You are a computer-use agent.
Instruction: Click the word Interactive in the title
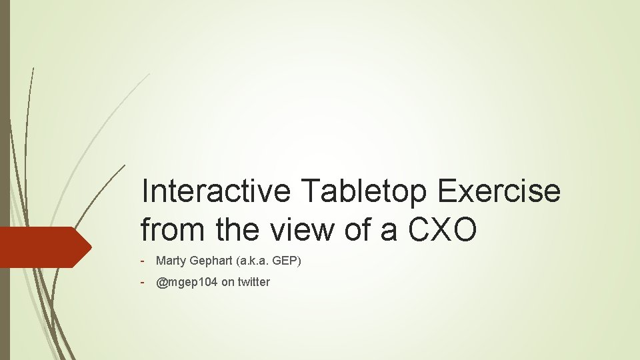217,192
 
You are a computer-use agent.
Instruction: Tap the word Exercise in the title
499,192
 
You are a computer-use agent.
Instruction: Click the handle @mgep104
187,282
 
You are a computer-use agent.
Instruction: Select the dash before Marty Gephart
143,261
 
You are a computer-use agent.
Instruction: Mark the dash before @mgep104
143,282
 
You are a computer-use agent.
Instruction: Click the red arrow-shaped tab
40,247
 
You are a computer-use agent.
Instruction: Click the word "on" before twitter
227,282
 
